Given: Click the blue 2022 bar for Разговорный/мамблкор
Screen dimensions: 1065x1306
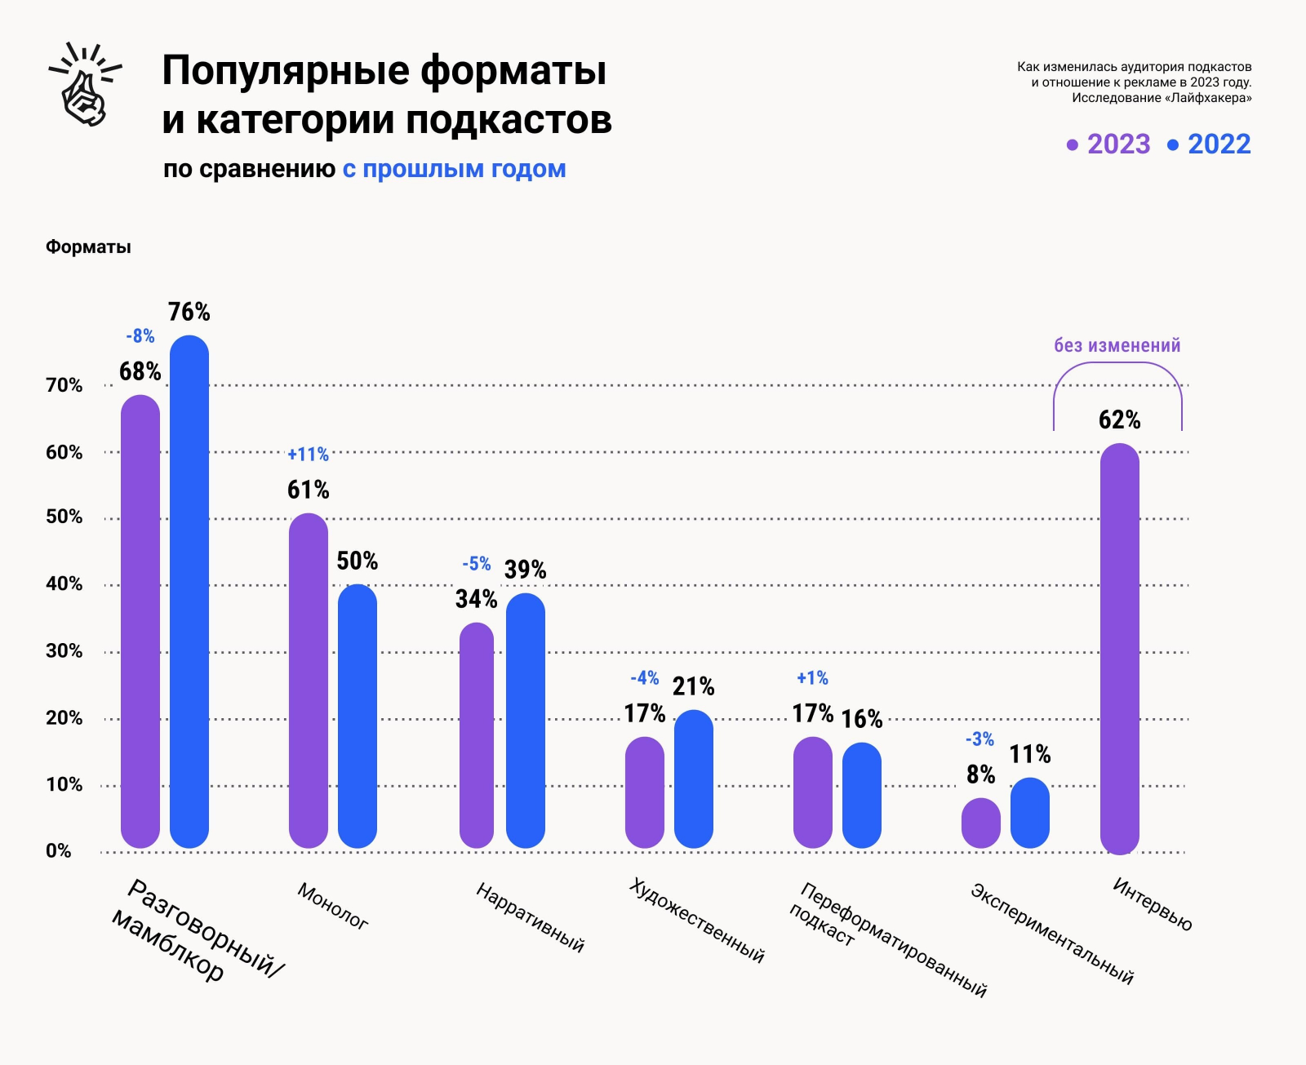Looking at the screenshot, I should point(189,592).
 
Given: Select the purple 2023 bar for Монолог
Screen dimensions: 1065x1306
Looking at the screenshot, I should point(309,681).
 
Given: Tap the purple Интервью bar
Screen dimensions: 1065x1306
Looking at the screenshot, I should point(1119,649).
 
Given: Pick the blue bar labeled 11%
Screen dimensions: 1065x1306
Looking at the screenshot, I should point(1030,813).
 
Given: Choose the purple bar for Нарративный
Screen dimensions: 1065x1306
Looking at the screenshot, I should point(477,734).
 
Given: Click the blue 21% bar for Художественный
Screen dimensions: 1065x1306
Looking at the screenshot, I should point(694,779).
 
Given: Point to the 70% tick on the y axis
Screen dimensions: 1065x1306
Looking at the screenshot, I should point(64,385).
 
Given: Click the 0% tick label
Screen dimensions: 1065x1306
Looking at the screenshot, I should point(58,851).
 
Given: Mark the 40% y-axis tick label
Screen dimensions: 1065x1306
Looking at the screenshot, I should point(64,584).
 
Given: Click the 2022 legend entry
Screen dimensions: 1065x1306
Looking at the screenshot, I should point(1209,144).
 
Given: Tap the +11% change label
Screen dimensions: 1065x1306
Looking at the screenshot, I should point(308,455).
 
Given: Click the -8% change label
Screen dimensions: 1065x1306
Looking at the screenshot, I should point(140,336).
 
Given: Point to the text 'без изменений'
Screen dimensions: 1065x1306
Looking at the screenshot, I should point(1117,346).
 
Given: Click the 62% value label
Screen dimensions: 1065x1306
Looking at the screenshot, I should point(1119,420).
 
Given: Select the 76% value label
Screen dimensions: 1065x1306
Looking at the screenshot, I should point(189,312).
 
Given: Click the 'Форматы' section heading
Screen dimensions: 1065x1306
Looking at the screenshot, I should point(88,247).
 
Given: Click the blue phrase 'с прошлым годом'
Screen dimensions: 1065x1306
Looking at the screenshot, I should point(454,169).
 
